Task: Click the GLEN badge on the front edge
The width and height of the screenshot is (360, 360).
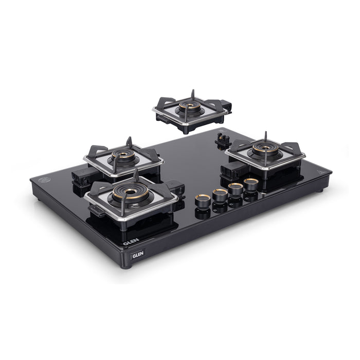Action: pyautogui.click(x=138, y=254)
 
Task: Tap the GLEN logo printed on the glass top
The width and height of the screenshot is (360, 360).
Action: pyautogui.click(x=131, y=242)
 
